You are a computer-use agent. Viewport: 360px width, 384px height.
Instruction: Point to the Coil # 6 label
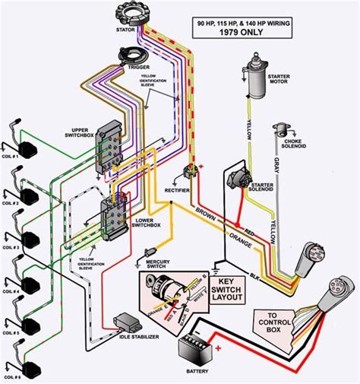(11, 377)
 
